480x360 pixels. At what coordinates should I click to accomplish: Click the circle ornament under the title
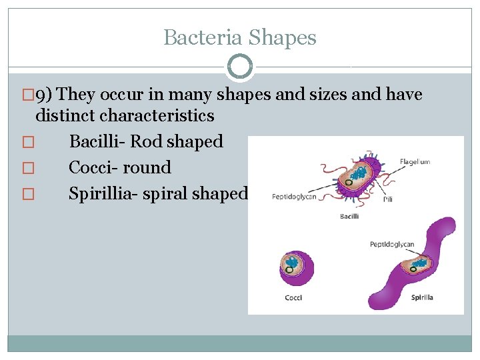point(239,66)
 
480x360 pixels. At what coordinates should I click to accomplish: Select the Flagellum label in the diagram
point(415,161)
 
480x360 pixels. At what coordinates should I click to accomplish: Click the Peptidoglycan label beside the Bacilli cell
point(294,197)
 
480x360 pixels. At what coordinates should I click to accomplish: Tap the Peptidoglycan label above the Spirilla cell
point(392,245)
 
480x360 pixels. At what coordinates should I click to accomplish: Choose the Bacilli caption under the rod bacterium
point(349,216)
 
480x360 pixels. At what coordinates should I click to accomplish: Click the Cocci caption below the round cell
point(293,297)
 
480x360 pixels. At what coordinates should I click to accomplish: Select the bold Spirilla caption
point(422,297)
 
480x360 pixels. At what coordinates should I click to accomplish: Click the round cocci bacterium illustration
point(293,266)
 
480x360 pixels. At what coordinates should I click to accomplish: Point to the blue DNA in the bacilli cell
point(359,174)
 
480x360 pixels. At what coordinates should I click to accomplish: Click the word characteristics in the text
point(157,115)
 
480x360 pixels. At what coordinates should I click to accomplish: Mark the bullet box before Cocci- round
point(27,168)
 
